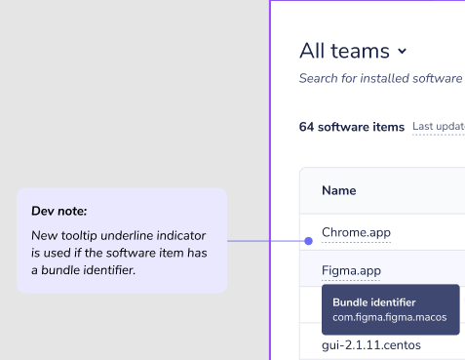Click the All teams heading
click(x=343, y=51)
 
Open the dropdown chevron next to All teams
click(x=402, y=51)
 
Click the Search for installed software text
click(x=380, y=78)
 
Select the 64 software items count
click(x=351, y=127)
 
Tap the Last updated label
click(x=438, y=127)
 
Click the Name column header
click(x=338, y=190)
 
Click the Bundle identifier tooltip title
click(x=374, y=302)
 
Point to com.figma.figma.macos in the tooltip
click(x=389, y=317)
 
